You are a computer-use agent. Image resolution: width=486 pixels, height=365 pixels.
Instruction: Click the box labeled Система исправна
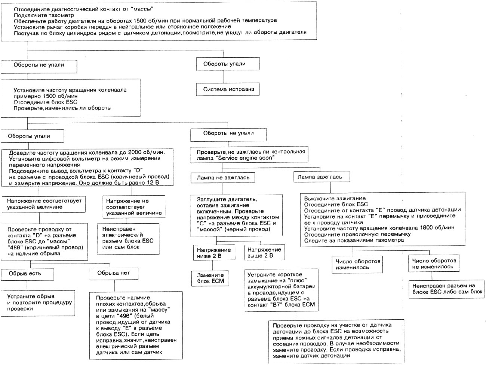228,89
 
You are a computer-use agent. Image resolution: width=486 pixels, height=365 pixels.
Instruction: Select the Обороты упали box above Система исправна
228,64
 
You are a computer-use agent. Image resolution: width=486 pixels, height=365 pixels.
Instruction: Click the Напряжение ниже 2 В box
214,253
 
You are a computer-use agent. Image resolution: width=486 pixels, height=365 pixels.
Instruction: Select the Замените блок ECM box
210,278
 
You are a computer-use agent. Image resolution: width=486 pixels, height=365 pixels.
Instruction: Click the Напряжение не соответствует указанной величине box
133,207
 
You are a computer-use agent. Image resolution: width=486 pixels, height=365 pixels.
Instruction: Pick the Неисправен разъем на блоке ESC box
446,289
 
